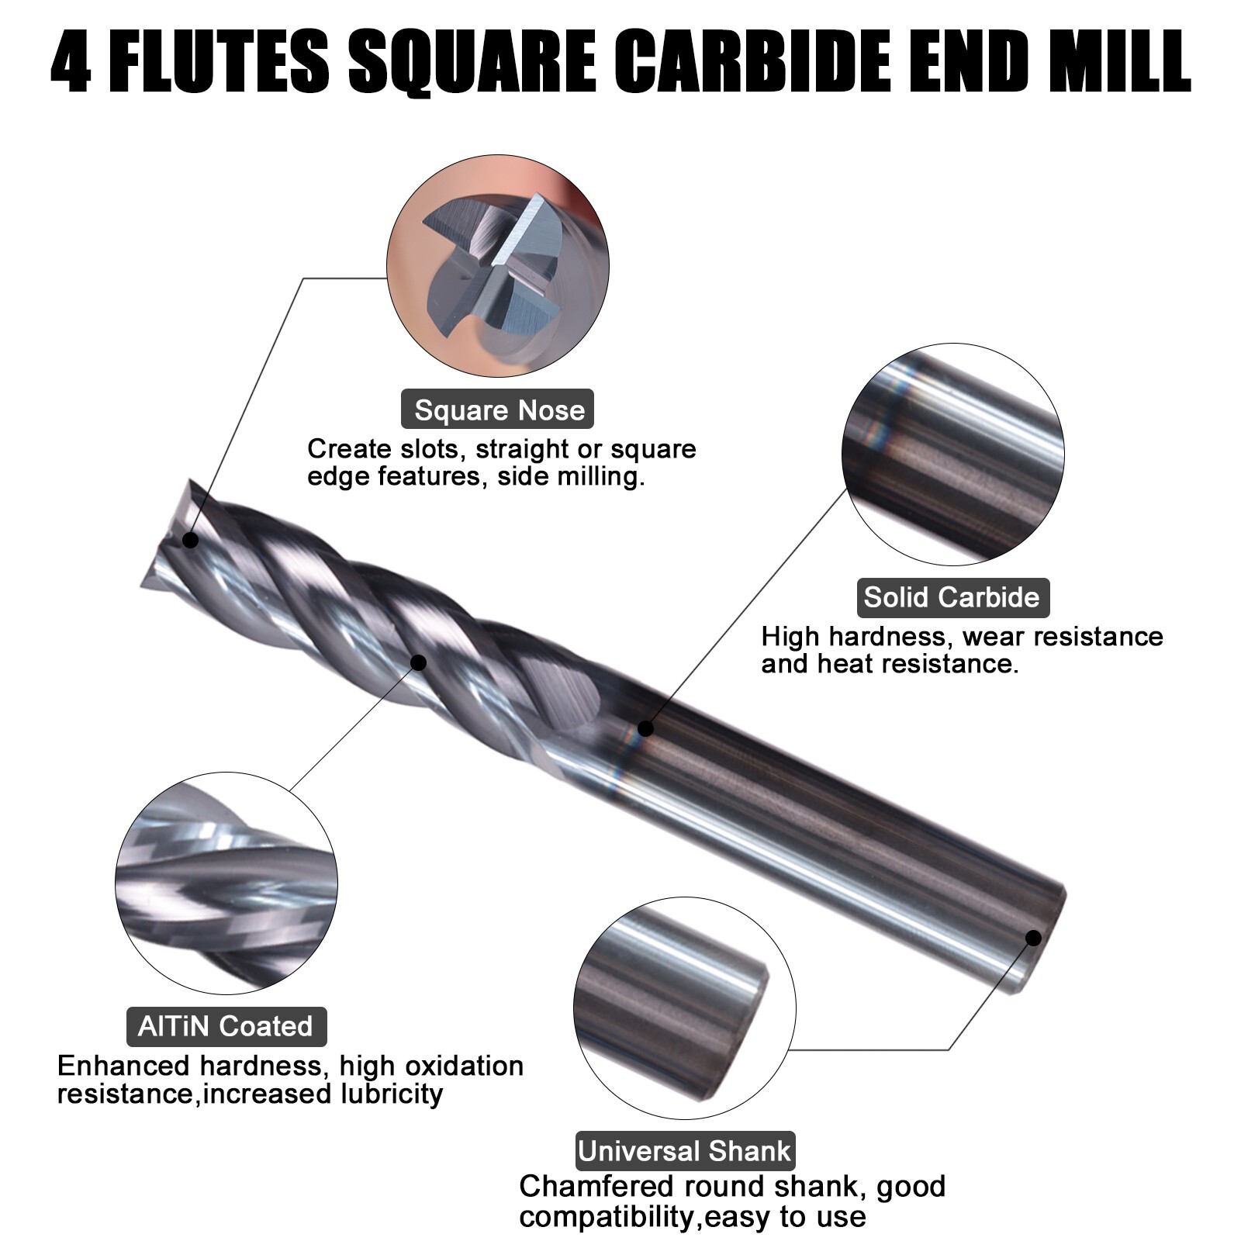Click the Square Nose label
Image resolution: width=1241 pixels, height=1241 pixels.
click(x=497, y=410)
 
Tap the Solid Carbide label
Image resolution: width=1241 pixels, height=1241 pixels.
click(x=952, y=597)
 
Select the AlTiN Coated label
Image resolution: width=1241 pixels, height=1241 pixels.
click(x=226, y=1026)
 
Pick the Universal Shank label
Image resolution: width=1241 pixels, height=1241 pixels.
click(x=685, y=1150)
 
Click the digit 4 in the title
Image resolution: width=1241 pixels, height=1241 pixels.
click(x=72, y=61)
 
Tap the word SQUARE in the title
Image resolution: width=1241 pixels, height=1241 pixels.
click(x=472, y=61)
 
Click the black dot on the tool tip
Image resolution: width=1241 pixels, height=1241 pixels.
click(x=190, y=540)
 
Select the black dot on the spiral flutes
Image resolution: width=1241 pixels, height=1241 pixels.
click(x=418, y=662)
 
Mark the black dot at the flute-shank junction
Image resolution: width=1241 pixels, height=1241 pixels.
click(x=645, y=728)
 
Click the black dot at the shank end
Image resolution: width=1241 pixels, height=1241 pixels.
click(x=1033, y=938)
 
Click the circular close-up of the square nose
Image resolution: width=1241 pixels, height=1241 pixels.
click(x=497, y=266)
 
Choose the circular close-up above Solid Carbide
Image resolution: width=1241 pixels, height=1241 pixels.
click(x=952, y=455)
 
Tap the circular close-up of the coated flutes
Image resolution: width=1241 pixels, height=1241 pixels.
click(x=226, y=883)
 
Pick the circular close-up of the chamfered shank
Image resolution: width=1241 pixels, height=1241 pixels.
click(x=685, y=1008)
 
